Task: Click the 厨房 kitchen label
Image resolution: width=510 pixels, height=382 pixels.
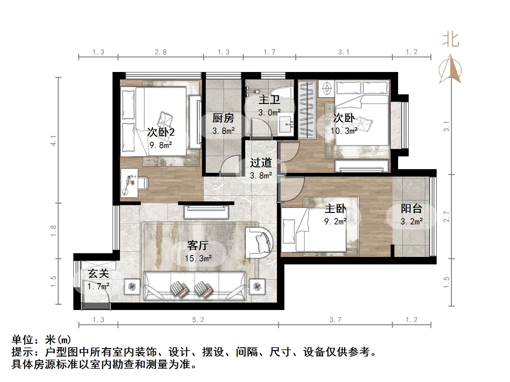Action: coord(223,118)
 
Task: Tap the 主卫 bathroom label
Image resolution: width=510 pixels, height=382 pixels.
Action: coord(269,100)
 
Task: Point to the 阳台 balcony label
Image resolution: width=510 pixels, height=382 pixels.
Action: coord(411,209)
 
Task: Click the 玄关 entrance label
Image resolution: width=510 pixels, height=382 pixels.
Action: coord(98,274)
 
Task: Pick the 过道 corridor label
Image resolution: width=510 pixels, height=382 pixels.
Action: coord(261,163)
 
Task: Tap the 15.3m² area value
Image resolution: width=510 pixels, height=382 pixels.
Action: coord(198,258)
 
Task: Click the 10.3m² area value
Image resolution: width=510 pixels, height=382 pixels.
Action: coord(344,131)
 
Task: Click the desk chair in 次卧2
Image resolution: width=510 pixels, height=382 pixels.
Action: coord(144,183)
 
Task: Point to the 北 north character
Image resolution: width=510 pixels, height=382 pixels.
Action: coord(451,40)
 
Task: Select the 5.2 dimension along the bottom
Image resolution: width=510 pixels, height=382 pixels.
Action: coord(198,320)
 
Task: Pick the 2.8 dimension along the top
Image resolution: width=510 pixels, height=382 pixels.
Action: coord(161,52)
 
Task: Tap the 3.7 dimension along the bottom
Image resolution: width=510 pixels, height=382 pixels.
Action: coord(335,320)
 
